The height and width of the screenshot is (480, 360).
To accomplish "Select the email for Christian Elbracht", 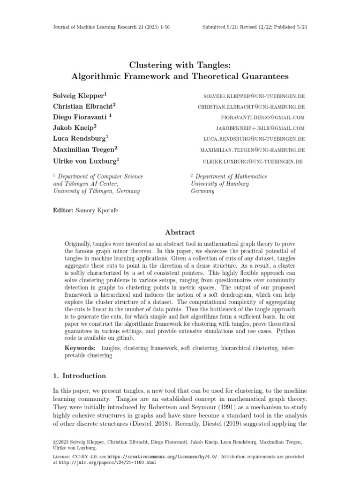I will point(251,107).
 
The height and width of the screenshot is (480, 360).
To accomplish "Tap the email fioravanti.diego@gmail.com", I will point(263,118).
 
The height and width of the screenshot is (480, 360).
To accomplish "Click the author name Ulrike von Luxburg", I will point(86,161).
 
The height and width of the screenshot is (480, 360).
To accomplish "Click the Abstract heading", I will point(180,232).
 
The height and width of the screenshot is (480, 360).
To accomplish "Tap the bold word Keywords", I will point(80,349).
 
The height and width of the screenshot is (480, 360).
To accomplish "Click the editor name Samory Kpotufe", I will point(100,210).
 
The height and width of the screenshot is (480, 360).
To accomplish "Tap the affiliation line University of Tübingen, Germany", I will point(97,191).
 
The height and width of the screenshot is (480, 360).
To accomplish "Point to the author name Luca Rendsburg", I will point(80,139).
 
